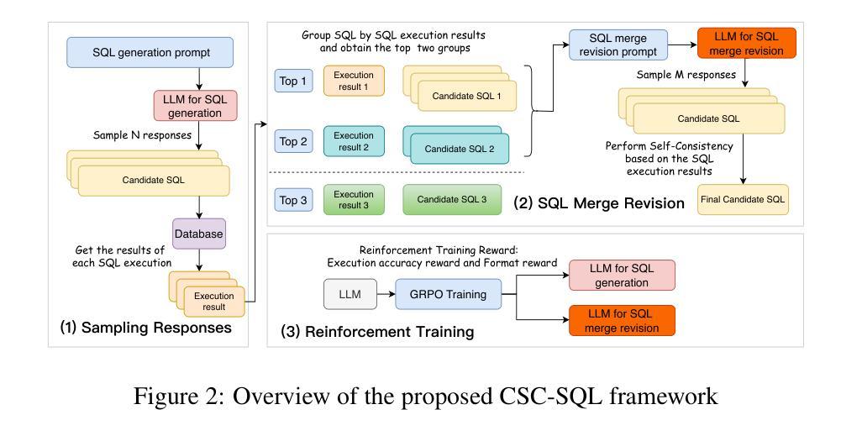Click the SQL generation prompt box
tap(150, 53)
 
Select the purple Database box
tap(199, 234)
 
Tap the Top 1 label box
tap(293, 81)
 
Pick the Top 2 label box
tap(293, 142)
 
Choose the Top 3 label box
tap(293, 200)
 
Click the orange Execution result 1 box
tap(354, 81)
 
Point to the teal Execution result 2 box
tap(354, 141)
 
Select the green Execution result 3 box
tap(354, 199)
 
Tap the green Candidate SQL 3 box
tap(452, 199)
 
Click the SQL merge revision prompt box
tap(618, 45)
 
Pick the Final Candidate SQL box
tap(743, 199)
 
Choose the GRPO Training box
tap(449, 294)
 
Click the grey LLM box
tap(350, 294)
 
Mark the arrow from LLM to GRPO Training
tap(386, 294)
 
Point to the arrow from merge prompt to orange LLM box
tap(683, 45)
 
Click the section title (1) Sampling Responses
tap(146, 328)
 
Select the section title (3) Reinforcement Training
tap(377, 332)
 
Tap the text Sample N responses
tap(142, 135)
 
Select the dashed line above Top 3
tap(397, 172)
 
